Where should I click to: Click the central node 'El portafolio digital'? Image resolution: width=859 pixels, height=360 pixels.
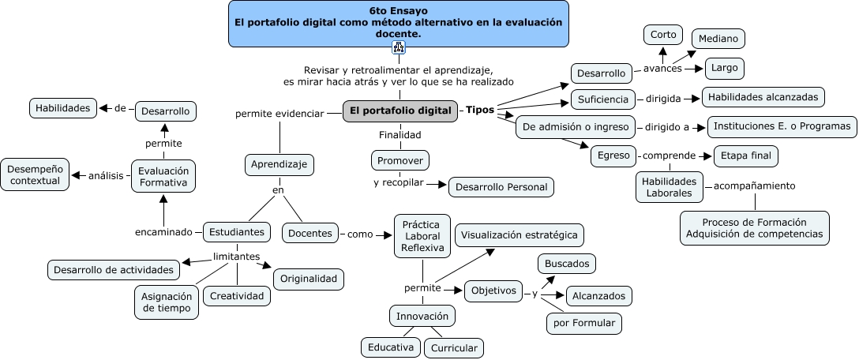pos(401,111)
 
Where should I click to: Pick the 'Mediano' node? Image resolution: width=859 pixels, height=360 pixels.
pos(718,39)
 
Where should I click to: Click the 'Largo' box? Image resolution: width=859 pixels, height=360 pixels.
pos(724,68)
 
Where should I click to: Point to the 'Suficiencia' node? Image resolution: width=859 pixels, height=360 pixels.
pos(603,99)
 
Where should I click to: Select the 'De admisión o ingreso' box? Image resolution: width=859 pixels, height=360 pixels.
pos(575,127)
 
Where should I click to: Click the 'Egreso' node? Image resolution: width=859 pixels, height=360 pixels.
pos(613,156)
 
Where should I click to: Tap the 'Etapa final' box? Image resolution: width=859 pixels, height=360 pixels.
pos(745,156)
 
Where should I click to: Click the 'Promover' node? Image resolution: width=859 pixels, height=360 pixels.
pos(399,160)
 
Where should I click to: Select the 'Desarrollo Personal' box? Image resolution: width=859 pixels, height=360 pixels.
pos(501,187)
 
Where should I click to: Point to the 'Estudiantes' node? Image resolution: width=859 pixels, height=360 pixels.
pos(237,232)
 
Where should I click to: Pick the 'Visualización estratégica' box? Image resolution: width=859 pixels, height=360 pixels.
pos(520,234)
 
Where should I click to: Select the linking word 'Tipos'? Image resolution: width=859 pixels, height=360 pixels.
pos(480,110)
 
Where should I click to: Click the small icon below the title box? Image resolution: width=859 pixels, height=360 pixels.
pos(398,49)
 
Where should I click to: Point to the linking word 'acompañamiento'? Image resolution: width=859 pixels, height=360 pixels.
pos(754,186)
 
